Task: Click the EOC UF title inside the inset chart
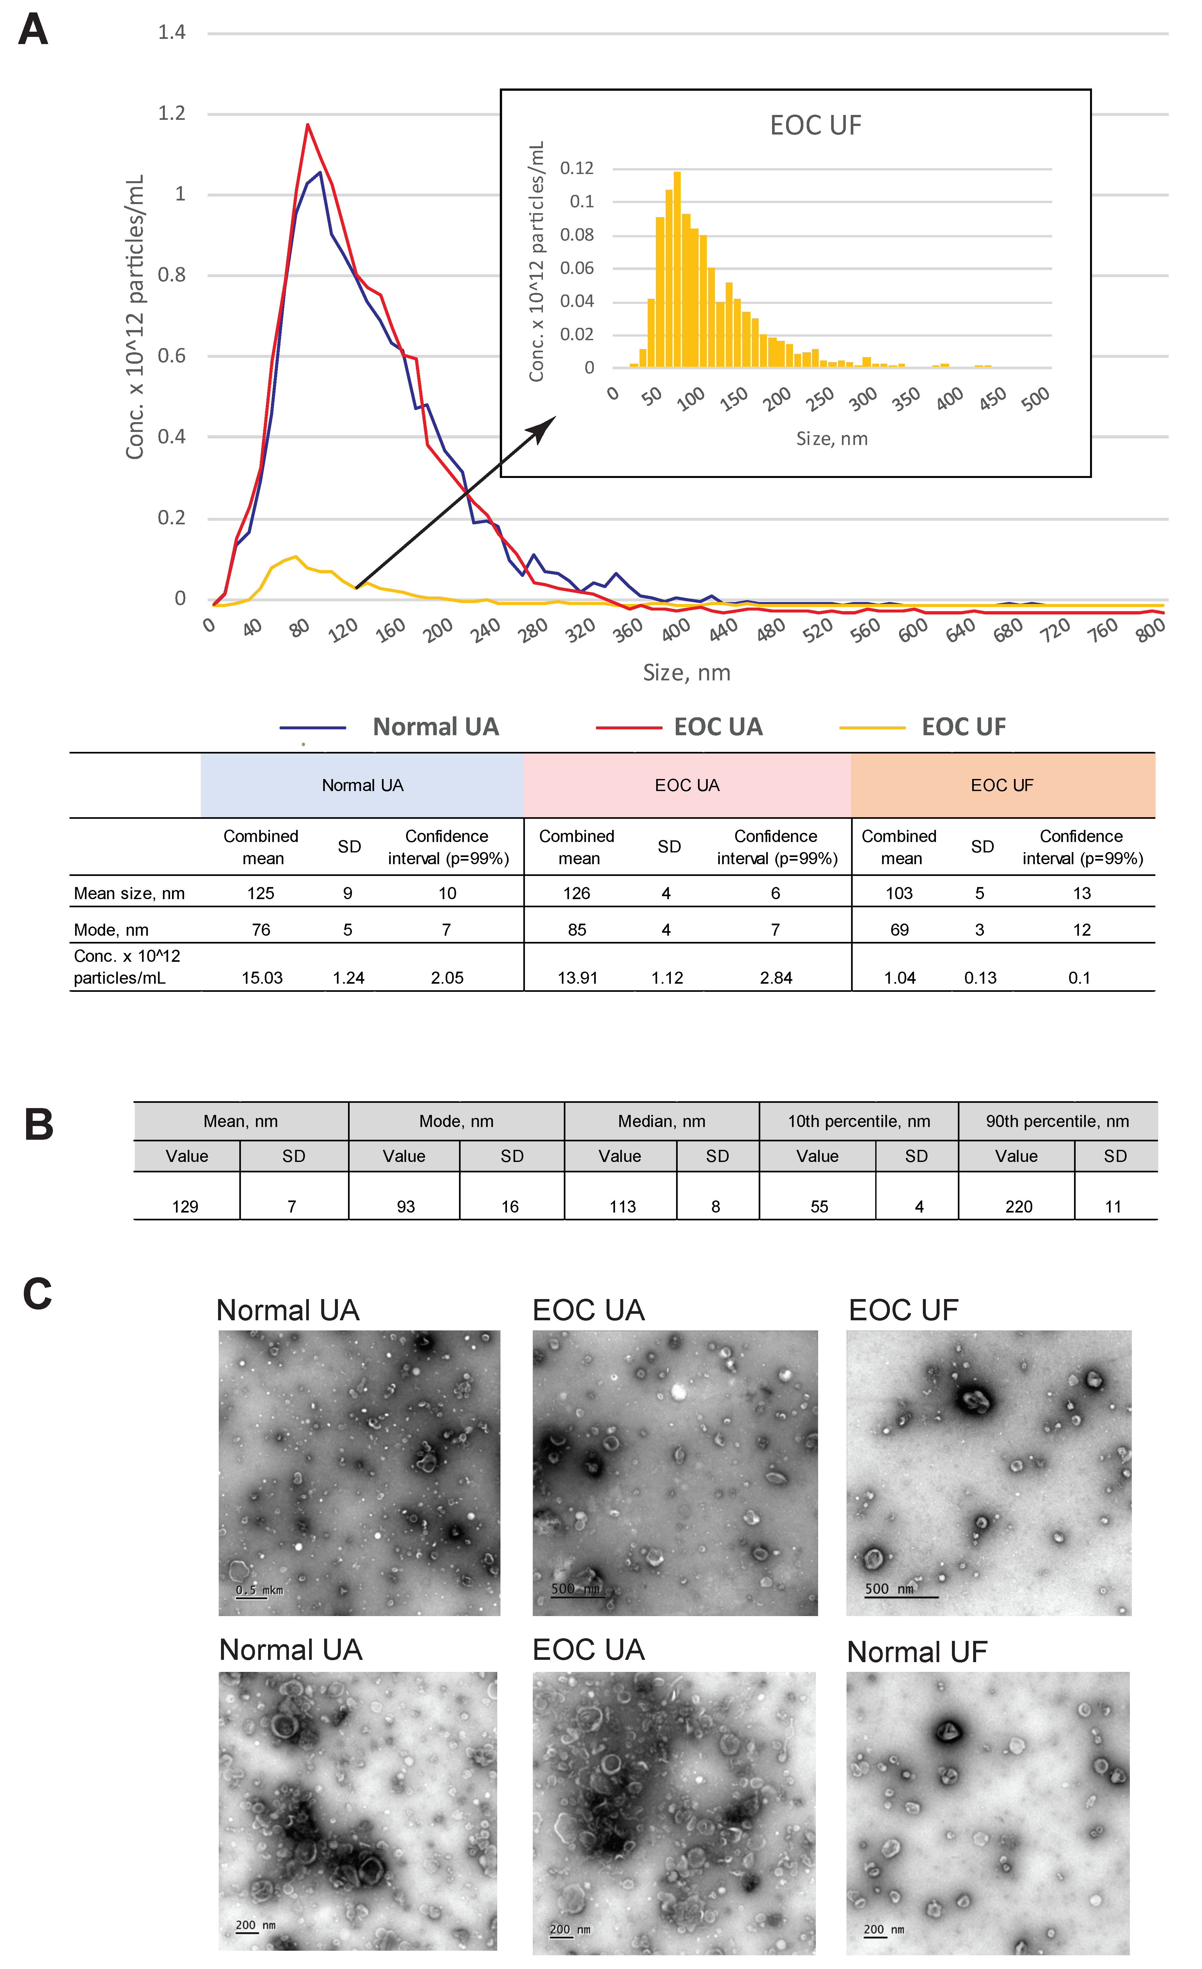[815, 125]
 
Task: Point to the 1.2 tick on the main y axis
[172, 114]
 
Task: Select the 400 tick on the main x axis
[676, 630]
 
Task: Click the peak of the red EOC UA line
[308, 125]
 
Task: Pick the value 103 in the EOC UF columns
[899, 893]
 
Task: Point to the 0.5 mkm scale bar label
[259, 1590]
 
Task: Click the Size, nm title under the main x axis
[687, 673]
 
